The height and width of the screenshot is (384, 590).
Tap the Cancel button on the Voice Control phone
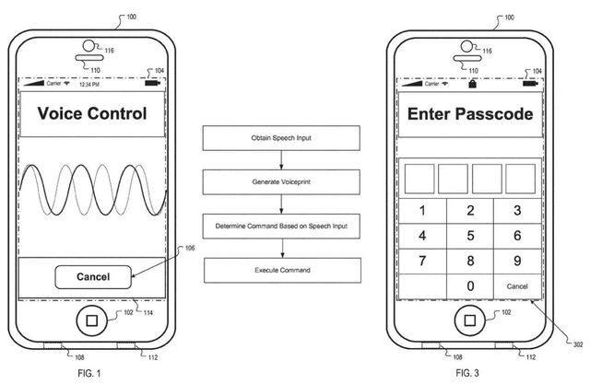tap(92, 276)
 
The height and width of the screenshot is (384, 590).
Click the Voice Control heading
tap(91, 115)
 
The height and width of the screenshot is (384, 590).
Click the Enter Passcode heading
tap(469, 115)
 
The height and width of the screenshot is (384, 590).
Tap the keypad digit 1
tap(422, 211)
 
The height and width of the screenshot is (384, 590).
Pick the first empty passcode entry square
tap(416, 177)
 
